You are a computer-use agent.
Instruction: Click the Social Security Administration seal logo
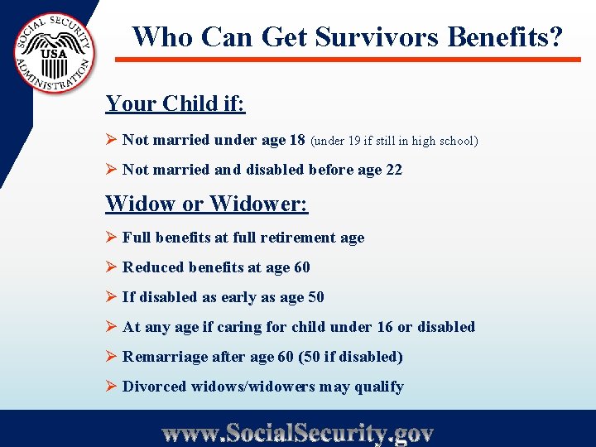[x=54, y=54]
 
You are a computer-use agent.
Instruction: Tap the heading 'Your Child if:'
[x=175, y=104]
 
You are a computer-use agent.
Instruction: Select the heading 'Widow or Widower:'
[x=206, y=204]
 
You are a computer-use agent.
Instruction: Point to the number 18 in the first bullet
[x=296, y=140]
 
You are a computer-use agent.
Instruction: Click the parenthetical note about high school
[x=395, y=141]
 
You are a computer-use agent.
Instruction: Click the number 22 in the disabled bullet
[x=394, y=170]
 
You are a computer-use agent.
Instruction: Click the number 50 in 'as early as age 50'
[x=315, y=297]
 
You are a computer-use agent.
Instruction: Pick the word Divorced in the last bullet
[x=156, y=387]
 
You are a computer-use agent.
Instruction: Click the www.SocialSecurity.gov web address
[x=298, y=432]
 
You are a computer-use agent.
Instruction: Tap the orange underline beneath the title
[x=348, y=60]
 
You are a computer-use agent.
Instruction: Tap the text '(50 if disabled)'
[x=358, y=357]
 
